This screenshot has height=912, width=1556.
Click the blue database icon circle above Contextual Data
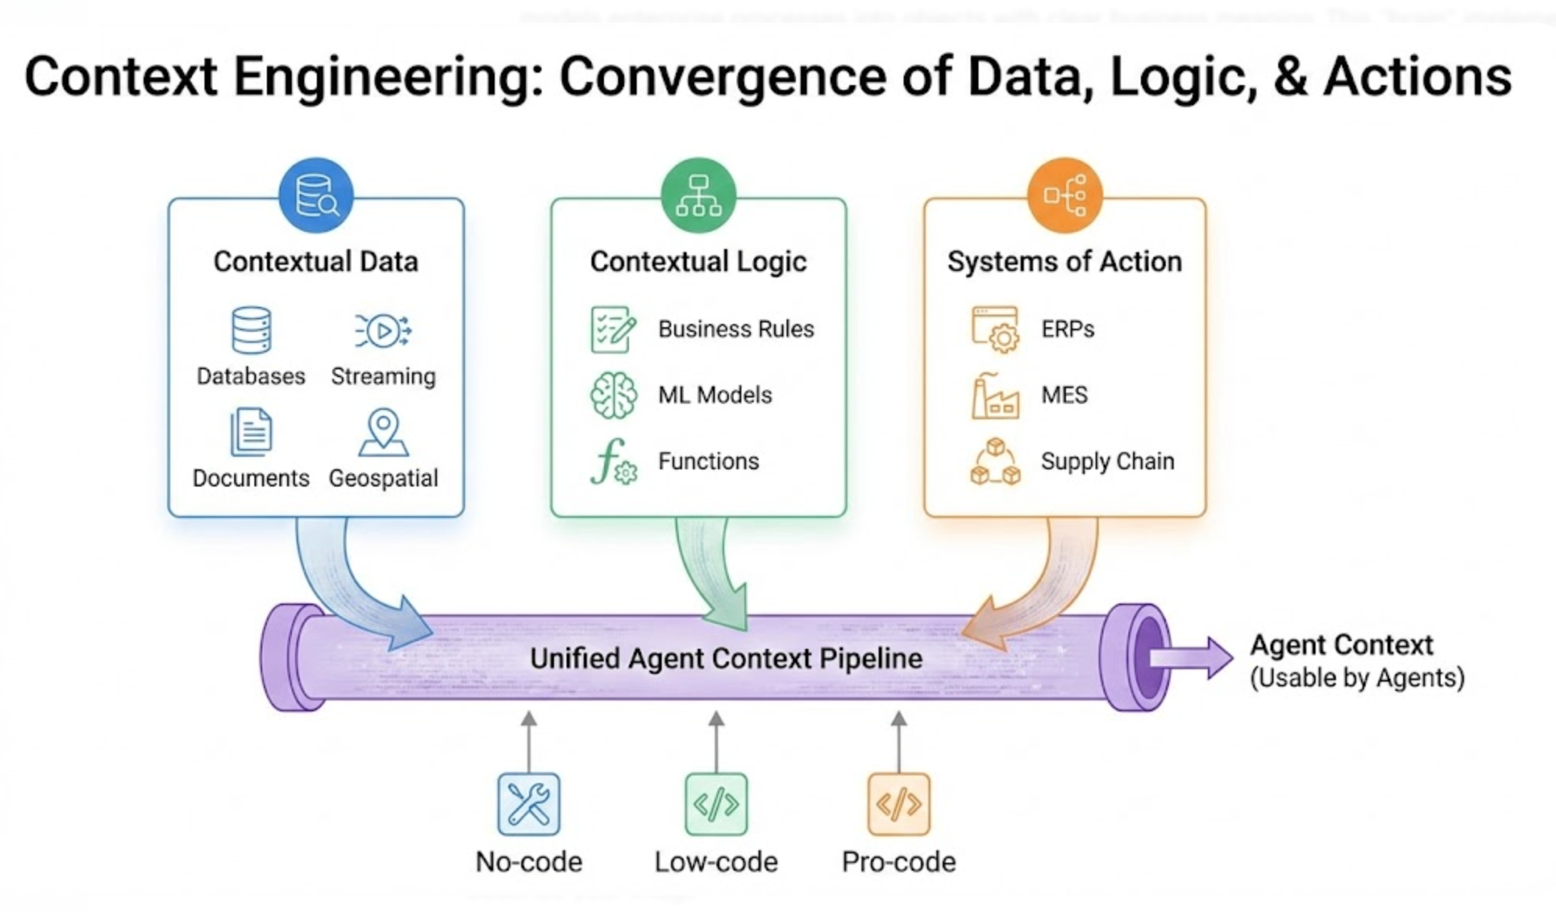pos(316,195)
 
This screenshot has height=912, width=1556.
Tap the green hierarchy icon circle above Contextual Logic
pos(698,195)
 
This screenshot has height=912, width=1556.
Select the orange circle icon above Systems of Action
pos(1065,195)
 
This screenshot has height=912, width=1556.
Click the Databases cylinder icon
pos(251,330)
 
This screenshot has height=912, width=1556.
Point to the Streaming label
pos(383,376)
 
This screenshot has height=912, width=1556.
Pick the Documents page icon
pos(251,431)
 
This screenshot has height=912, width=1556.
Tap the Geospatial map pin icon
pos(383,431)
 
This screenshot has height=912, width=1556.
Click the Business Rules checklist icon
pos(613,330)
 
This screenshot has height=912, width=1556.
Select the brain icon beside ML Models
pos(613,395)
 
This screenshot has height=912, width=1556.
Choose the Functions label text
pos(709,461)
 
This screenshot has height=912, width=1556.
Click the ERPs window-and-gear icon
pos(996,330)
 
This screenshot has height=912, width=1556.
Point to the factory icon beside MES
pos(995,396)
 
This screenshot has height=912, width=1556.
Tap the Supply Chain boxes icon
pos(995,462)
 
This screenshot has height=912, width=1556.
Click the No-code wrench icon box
pos(529,803)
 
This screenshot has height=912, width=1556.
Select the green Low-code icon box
pos(716,803)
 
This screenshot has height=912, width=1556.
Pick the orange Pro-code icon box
pos(899,803)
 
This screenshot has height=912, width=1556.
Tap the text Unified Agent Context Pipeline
pos(726,658)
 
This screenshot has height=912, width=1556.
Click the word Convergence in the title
pos(723,77)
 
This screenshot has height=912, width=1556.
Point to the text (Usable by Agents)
pos(1357,678)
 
